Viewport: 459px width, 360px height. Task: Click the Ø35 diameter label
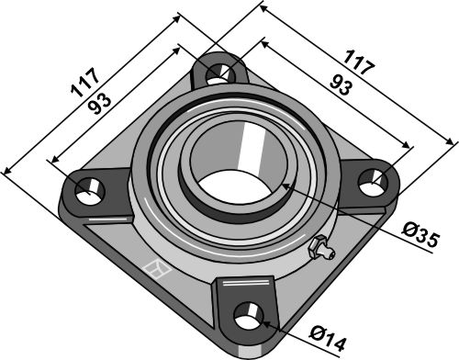pos(420,235)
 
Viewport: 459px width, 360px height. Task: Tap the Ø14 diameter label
pos(327,339)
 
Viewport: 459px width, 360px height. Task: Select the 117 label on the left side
pos(84,83)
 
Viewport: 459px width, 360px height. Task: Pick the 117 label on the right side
pos(359,62)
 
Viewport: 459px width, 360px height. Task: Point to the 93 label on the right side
pos(341,85)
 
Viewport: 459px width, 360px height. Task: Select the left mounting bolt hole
pos(90,191)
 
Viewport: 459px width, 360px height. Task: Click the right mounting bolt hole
pos(373,182)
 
